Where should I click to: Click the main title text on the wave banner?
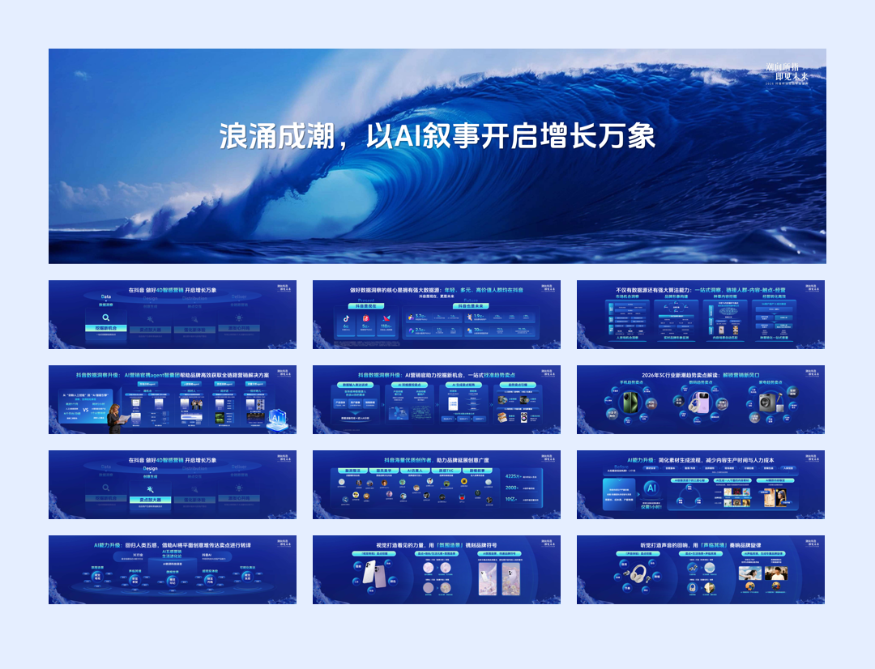tap(437, 136)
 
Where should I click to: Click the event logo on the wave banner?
tap(787, 73)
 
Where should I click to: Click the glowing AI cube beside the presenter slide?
tap(277, 417)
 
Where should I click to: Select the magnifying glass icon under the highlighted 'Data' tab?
tap(105, 317)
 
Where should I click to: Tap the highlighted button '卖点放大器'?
tap(151, 500)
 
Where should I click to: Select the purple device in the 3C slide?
tap(698, 403)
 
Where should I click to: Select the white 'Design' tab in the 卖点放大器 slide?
tap(150, 468)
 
